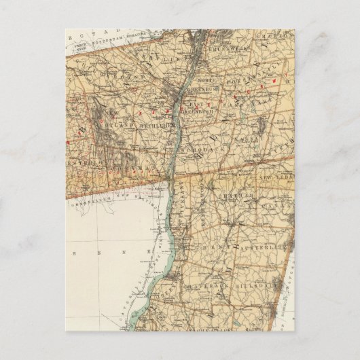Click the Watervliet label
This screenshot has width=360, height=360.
tap(158, 59)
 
